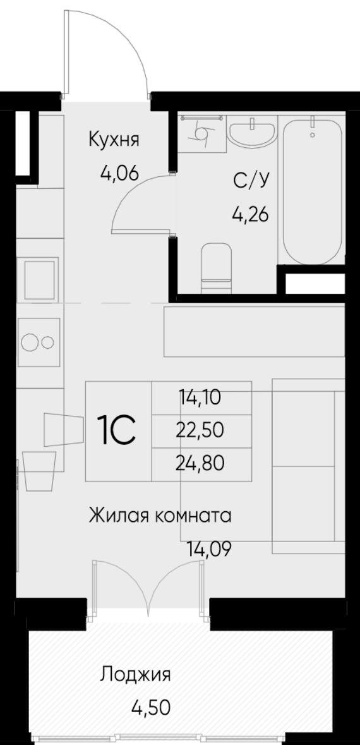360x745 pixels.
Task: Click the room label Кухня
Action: click(x=113, y=139)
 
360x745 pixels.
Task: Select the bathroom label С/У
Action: click(x=251, y=181)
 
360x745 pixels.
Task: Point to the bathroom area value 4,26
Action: click(x=251, y=215)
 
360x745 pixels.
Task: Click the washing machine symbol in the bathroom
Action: click(x=202, y=133)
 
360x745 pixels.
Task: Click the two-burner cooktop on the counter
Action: click(x=39, y=341)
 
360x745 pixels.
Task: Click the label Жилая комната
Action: click(x=160, y=515)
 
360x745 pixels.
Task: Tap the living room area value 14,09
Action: click(x=208, y=548)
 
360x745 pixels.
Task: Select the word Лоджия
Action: click(x=135, y=675)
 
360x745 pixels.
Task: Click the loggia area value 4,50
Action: click(x=150, y=706)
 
